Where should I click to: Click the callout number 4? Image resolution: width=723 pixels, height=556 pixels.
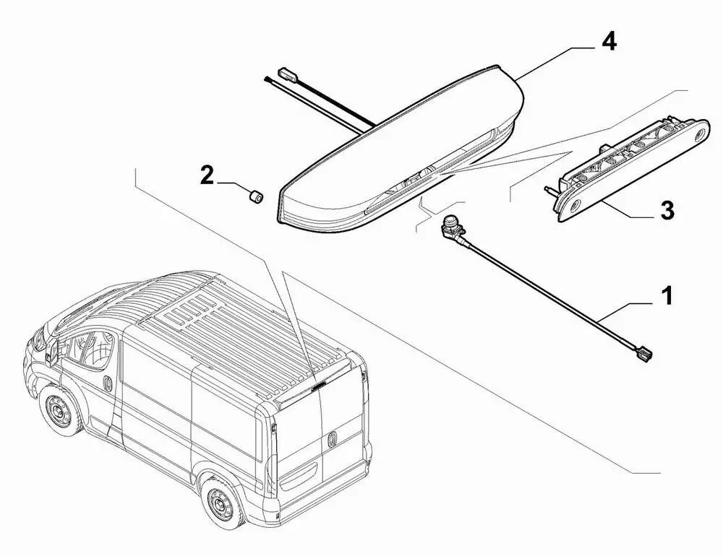(x=609, y=42)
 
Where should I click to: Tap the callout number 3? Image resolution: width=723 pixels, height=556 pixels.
(x=667, y=211)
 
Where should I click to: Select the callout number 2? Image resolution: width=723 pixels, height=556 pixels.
(x=207, y=175)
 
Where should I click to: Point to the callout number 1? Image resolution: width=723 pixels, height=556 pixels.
(x=667, y=295)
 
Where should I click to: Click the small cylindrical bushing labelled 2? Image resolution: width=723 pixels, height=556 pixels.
(x=255, y=196)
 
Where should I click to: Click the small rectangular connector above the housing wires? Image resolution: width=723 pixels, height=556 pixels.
(x=286, y=73)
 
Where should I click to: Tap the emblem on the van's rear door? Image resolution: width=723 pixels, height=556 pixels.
(x=333, y=439)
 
